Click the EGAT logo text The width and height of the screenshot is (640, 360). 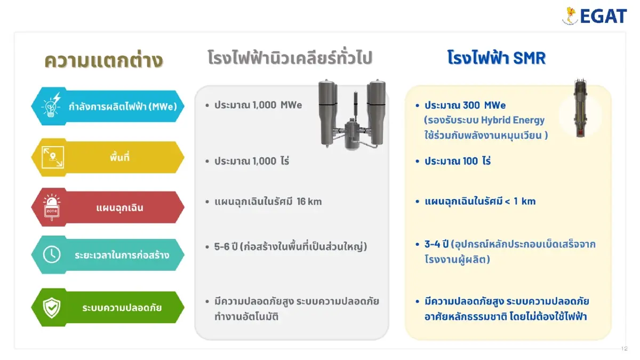(x=603, y=16)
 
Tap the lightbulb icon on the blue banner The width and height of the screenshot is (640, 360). (x=52, y=105)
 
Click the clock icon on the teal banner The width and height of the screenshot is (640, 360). (x=52, y=254)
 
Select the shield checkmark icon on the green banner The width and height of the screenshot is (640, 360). (x=52, y=307)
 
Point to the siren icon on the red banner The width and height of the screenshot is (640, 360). (x=52, y=206)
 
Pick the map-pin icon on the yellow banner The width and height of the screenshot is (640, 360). (x=52, y=157)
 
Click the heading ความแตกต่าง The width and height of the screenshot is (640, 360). (x=103, y=60)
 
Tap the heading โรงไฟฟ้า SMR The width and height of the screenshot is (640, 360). (x=497, y=58)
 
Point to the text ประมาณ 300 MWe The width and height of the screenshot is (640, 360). (x=465, y=105)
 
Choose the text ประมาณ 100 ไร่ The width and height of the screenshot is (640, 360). (x=458, y=161)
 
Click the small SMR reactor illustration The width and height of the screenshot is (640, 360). (x=579, y=109)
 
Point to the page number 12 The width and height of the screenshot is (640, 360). (x=625, y=348)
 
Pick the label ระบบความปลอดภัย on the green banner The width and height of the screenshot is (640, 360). (x=122, y=308)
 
